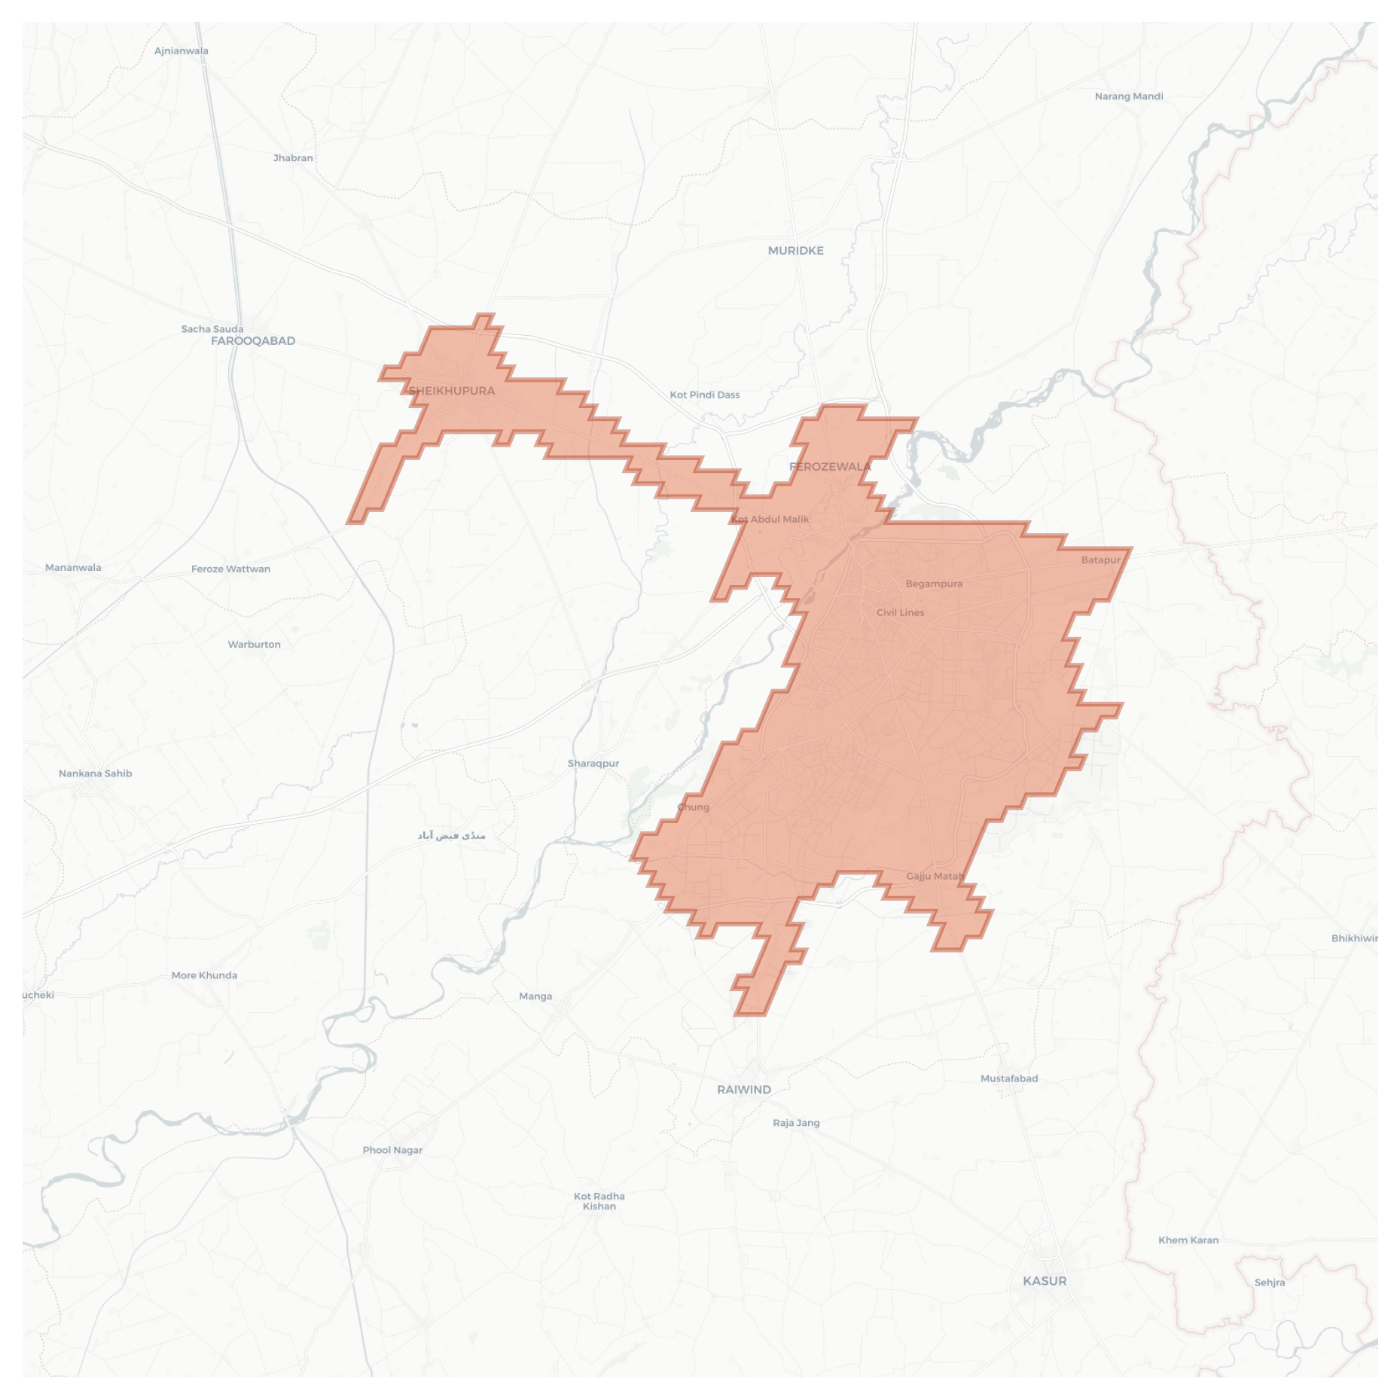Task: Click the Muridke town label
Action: point(795,251)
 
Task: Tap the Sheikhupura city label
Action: point(452,391)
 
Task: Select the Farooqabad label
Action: point(253,341)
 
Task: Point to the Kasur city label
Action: point(1045,1281)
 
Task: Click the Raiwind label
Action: point(744,1090)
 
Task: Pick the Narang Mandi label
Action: point(1128,96)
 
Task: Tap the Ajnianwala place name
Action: point(181,51)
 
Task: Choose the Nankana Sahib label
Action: point(96,773)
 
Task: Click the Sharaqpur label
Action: point(593,764)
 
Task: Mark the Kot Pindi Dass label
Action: point(705,395)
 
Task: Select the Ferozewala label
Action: point(830,467)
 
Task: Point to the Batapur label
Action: point(1101,560)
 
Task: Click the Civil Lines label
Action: point(901,613)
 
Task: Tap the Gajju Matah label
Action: point(935,877)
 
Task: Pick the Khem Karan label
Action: point(1188,1240)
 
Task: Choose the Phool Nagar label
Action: point(392,1150)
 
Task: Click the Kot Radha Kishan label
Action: point(599,1201)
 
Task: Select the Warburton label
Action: point(255,645)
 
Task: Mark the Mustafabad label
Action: point(1009,1078)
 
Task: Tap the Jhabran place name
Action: point(293,158)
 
